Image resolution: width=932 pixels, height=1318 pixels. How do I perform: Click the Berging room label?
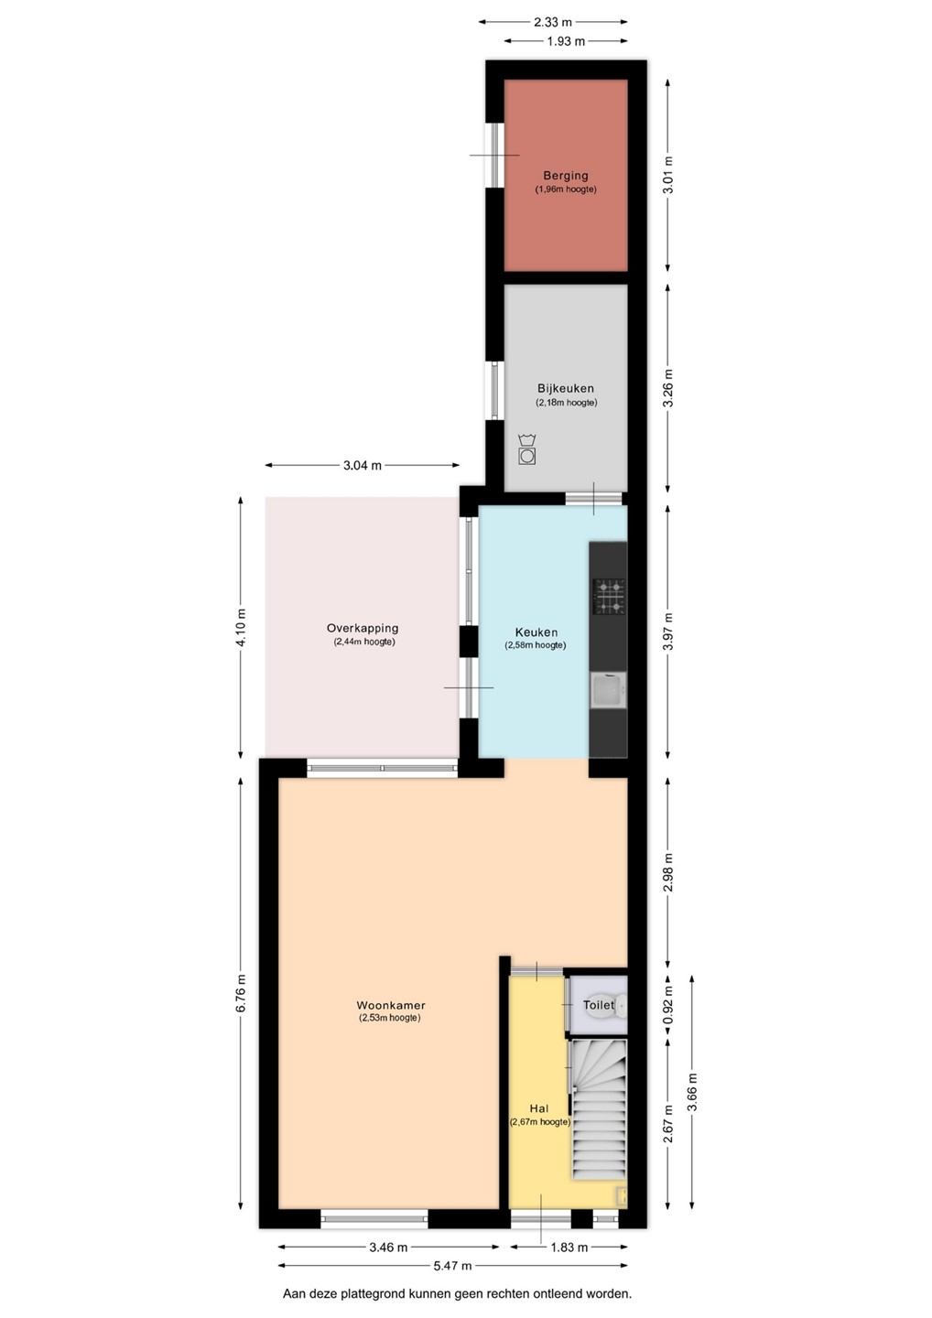566,176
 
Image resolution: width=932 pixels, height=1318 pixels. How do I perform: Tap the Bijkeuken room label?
566,388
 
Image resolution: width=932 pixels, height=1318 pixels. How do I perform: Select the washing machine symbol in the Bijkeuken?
526,449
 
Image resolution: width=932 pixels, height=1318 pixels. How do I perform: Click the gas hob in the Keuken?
609,597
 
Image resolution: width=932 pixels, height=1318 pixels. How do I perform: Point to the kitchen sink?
609,690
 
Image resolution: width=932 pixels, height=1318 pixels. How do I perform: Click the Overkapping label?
363,629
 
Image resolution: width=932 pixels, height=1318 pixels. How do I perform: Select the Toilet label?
599,1005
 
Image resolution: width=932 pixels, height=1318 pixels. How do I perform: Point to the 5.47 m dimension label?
452,1266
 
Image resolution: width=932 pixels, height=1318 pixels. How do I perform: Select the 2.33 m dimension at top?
552,22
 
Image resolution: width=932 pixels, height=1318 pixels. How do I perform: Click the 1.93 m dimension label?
566,41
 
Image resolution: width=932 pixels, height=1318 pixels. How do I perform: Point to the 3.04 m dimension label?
363,465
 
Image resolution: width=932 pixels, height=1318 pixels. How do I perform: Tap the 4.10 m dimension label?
241,628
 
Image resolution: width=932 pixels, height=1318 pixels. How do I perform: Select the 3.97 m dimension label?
667,632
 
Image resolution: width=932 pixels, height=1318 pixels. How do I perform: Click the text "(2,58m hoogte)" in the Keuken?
536,645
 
